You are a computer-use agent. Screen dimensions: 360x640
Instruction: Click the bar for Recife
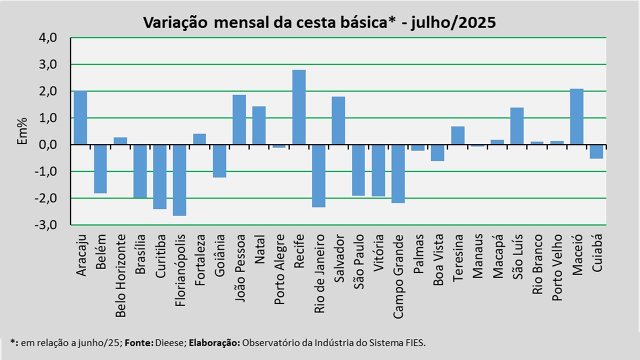tap(299, 107)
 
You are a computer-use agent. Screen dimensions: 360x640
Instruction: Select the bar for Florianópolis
tap(179, 180)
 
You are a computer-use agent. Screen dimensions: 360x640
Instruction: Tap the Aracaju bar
tap(80, 117)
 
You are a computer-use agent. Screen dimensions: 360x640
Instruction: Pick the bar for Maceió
tap(576, 116)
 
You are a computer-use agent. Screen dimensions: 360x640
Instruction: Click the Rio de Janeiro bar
tap(318, 175)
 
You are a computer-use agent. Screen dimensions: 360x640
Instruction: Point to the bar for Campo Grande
tap(398, 173)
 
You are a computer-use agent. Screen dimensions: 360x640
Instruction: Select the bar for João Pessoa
tap(239, 119)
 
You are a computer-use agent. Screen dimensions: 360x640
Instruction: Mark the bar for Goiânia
tap(219, 161)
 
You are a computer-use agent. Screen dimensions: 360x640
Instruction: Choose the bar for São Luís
tap(517, 126)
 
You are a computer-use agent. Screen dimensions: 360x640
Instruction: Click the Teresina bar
tap(457, 135)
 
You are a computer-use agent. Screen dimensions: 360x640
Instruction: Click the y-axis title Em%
tap(22, 131)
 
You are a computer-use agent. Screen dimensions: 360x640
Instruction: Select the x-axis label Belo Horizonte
tap(120, 276)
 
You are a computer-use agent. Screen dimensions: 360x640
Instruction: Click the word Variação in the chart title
tap(172, 22)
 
